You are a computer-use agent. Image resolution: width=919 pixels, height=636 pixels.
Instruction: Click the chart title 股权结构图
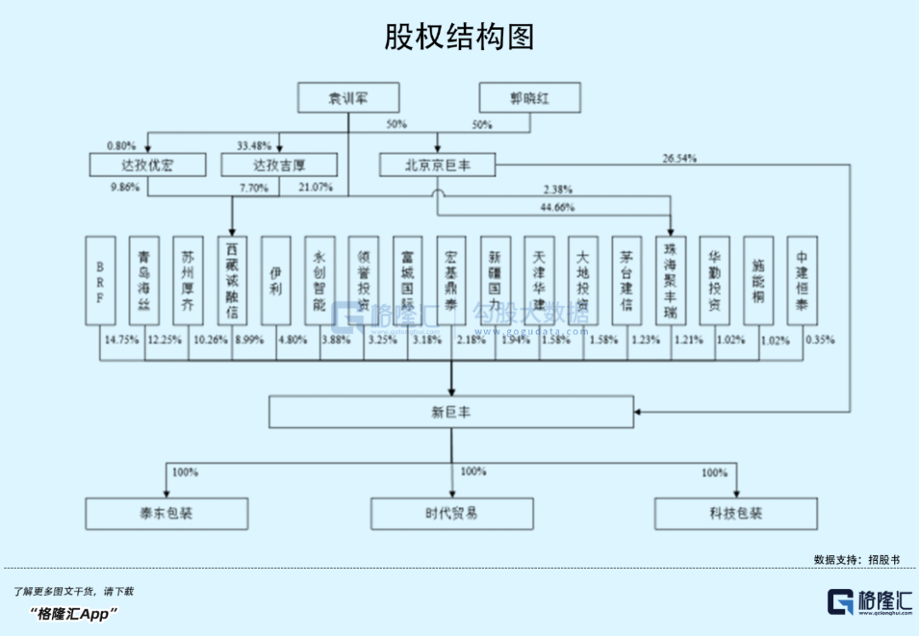[459, 37]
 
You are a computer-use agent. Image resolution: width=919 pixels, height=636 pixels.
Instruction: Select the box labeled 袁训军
[348, 98]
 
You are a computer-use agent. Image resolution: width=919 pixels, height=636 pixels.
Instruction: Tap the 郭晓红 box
[529, 98]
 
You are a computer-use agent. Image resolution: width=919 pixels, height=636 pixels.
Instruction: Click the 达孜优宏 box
[147, 164]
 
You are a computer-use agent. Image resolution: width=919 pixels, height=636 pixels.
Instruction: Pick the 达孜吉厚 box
[279, 164]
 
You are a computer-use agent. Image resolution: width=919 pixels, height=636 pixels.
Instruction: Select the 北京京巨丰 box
[437, 164]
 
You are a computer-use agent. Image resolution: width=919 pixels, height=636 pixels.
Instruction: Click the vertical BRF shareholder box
[100, 280]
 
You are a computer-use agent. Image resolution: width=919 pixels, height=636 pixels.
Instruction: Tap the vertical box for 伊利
[276, 280]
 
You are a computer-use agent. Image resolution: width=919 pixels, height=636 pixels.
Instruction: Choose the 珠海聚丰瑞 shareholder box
[671, 280]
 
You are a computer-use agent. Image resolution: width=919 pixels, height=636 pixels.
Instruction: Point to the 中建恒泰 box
[802, 280]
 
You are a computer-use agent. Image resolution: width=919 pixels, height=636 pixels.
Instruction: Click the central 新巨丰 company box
[451, 412]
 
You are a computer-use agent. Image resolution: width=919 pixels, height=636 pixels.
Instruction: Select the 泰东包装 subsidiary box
[167, 514]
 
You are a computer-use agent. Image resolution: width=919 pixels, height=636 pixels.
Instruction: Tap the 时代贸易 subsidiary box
[451, 514]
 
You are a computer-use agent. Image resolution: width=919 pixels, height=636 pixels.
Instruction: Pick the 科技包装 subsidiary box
[736, 514]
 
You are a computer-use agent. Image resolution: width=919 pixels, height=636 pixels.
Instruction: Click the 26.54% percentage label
[679, 158]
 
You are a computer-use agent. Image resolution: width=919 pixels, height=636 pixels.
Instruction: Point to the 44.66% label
[557, 207]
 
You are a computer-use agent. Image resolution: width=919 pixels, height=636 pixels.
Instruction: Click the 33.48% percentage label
[254, 145]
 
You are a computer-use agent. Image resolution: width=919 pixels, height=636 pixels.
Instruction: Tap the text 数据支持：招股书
[856, 559]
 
